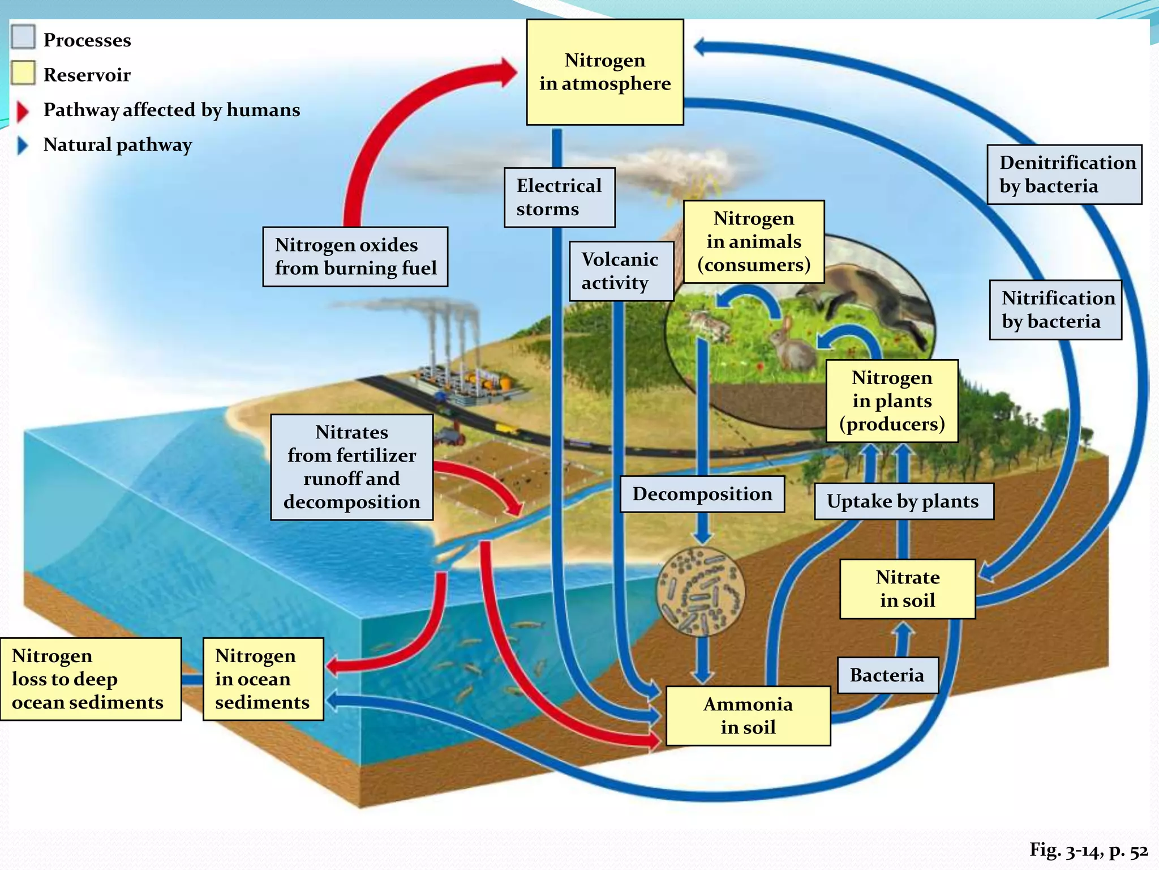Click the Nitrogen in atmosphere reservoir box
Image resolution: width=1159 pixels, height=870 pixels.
pyautogui.click(x=604, y=72)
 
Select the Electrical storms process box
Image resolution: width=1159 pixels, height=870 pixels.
pyautogui.click(x=559, y=197)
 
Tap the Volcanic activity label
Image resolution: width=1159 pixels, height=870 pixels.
pyautogui.click(x=621, y=271)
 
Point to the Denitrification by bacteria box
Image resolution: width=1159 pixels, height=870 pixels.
pyautogui.click(x=1064, y=174)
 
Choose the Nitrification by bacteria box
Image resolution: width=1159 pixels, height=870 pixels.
pyautogui.click(x=1055, y=310)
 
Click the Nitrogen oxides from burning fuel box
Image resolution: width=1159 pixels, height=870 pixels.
pyautogui.click(x=355, y=257)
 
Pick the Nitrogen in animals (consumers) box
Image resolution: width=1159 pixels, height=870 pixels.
pyautogui.click(x=754, y=242)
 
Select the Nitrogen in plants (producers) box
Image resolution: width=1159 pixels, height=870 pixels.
pyautogui.click(x=892, y=401)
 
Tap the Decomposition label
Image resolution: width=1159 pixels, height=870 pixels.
pyautogui.click(x=702, y=494)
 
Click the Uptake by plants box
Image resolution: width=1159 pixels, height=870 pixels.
pyautogui.click(x=903, y=501)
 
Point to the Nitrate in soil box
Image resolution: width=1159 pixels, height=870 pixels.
pyautogui.click(x=907, y=589)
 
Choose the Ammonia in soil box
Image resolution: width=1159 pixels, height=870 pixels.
pyautogui.click(x=748, y=716)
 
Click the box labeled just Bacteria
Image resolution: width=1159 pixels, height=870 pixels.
pyautogui.click(x=887, y=675)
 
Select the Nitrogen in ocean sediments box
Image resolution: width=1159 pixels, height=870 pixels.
pyautogui.click(x=263, y=679)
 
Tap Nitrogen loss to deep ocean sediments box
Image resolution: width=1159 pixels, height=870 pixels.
pyautogui.click(x=91, y=679)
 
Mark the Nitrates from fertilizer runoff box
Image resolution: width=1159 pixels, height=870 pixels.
pyautogui.click(x=351, y=467)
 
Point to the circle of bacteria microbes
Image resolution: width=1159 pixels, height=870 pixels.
pyautogui.click(x=701, y=592)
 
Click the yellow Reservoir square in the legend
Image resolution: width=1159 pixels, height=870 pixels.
pyautogui.click(x=23, y=74)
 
